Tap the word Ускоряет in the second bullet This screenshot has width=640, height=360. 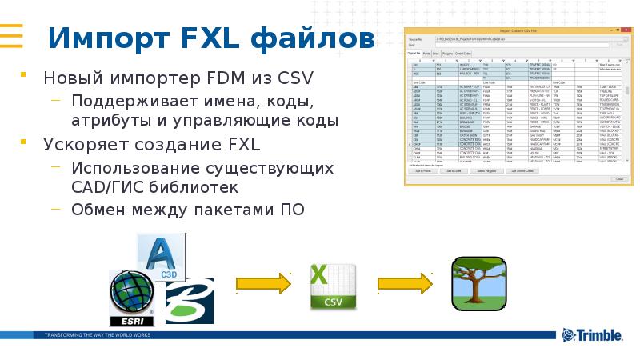coord(84,146)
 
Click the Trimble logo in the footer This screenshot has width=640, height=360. coord(591,335)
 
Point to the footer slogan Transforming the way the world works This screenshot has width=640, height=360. coord(97,334)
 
